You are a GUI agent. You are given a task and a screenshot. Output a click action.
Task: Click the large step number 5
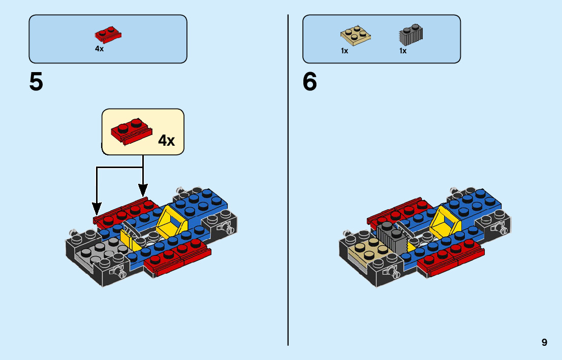[x=36, y=83]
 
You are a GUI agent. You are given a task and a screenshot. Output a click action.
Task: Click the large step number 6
[x=309, y=83]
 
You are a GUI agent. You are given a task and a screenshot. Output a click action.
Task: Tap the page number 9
[x=544, y=342]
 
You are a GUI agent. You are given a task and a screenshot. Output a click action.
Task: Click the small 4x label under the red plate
[x=99, y=49]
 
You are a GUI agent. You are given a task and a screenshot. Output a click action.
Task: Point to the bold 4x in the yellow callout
[x=166, y=140]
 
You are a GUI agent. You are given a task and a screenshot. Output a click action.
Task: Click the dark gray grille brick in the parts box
[x=411, y=35]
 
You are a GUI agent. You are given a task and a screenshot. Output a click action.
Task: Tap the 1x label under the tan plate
[x=345, y=51]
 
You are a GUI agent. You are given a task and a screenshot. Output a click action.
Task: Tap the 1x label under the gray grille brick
[x=403, y=51]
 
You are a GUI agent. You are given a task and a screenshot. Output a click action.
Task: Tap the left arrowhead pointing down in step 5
[x=97, y=208]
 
